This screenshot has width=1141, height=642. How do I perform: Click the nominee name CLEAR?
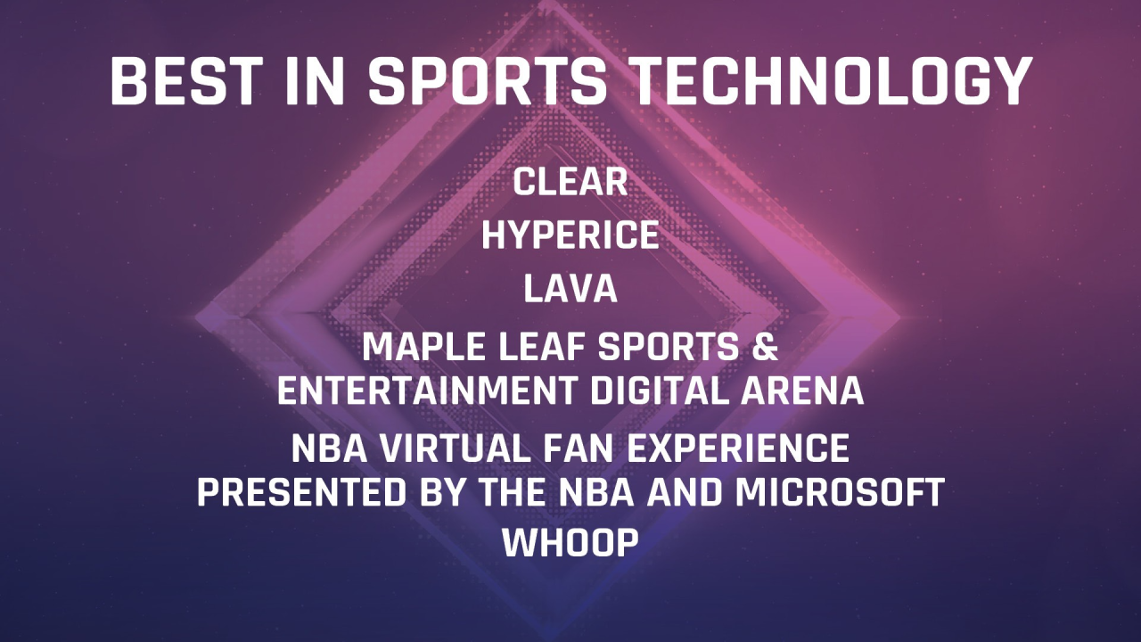click(x=570, y=183)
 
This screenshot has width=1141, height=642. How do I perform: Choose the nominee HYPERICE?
click(x=570, y=236)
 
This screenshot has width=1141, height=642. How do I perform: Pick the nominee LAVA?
click(x=570, y=290)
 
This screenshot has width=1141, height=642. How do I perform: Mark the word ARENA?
click(x=811, y=391)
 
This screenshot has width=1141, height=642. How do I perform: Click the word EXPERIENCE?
click(x=742, y=449)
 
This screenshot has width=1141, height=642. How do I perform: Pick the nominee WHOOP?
click(x=570, y=543)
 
